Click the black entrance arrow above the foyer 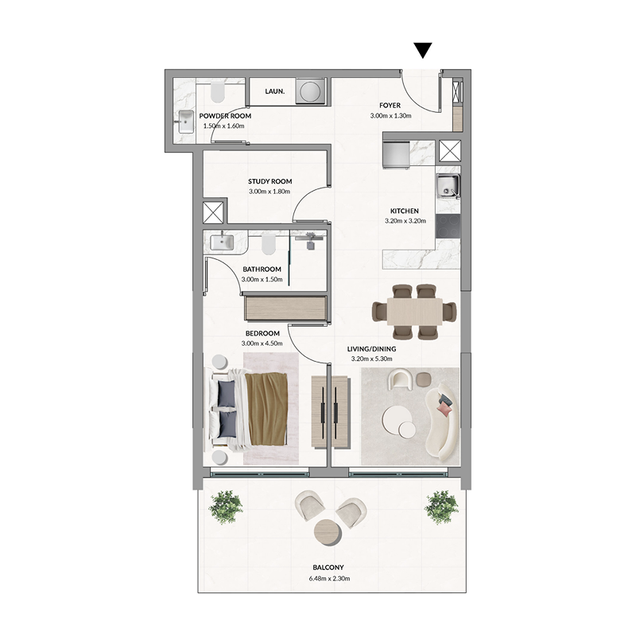click(x=423, y=50)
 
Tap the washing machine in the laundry click(x=310, y=91)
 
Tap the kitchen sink click(x=447, y=188)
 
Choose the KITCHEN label click(x=401, y=211)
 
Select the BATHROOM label click(x=262, y=270)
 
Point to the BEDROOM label click(x=262, y=332)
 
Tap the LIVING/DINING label click(x=372, y=348)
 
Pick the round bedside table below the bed click(x=219, y=456)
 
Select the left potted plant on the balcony click(x=225, y=506)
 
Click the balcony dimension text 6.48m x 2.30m click(x=328, y=579)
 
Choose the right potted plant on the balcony click(x=440, y=506)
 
